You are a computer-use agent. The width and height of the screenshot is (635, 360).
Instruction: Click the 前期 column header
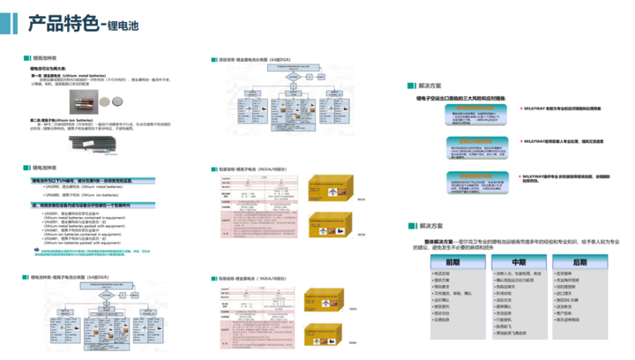coord(453,262)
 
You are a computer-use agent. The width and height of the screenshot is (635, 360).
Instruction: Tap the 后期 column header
coord(579,262)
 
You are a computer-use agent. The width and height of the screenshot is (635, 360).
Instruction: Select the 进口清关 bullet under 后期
coord(566,299)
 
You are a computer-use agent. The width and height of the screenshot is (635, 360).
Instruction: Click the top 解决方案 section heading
coord(432,86)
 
